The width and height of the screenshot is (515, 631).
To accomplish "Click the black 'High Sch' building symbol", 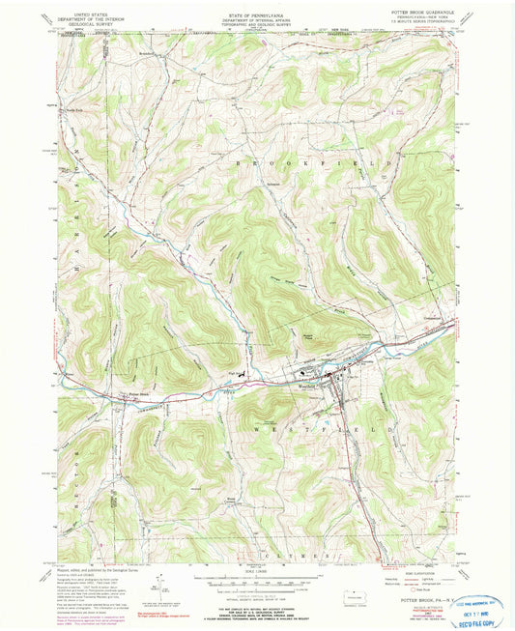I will point(243,374).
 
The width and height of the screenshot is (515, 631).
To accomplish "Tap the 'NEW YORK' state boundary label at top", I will point(315,31).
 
